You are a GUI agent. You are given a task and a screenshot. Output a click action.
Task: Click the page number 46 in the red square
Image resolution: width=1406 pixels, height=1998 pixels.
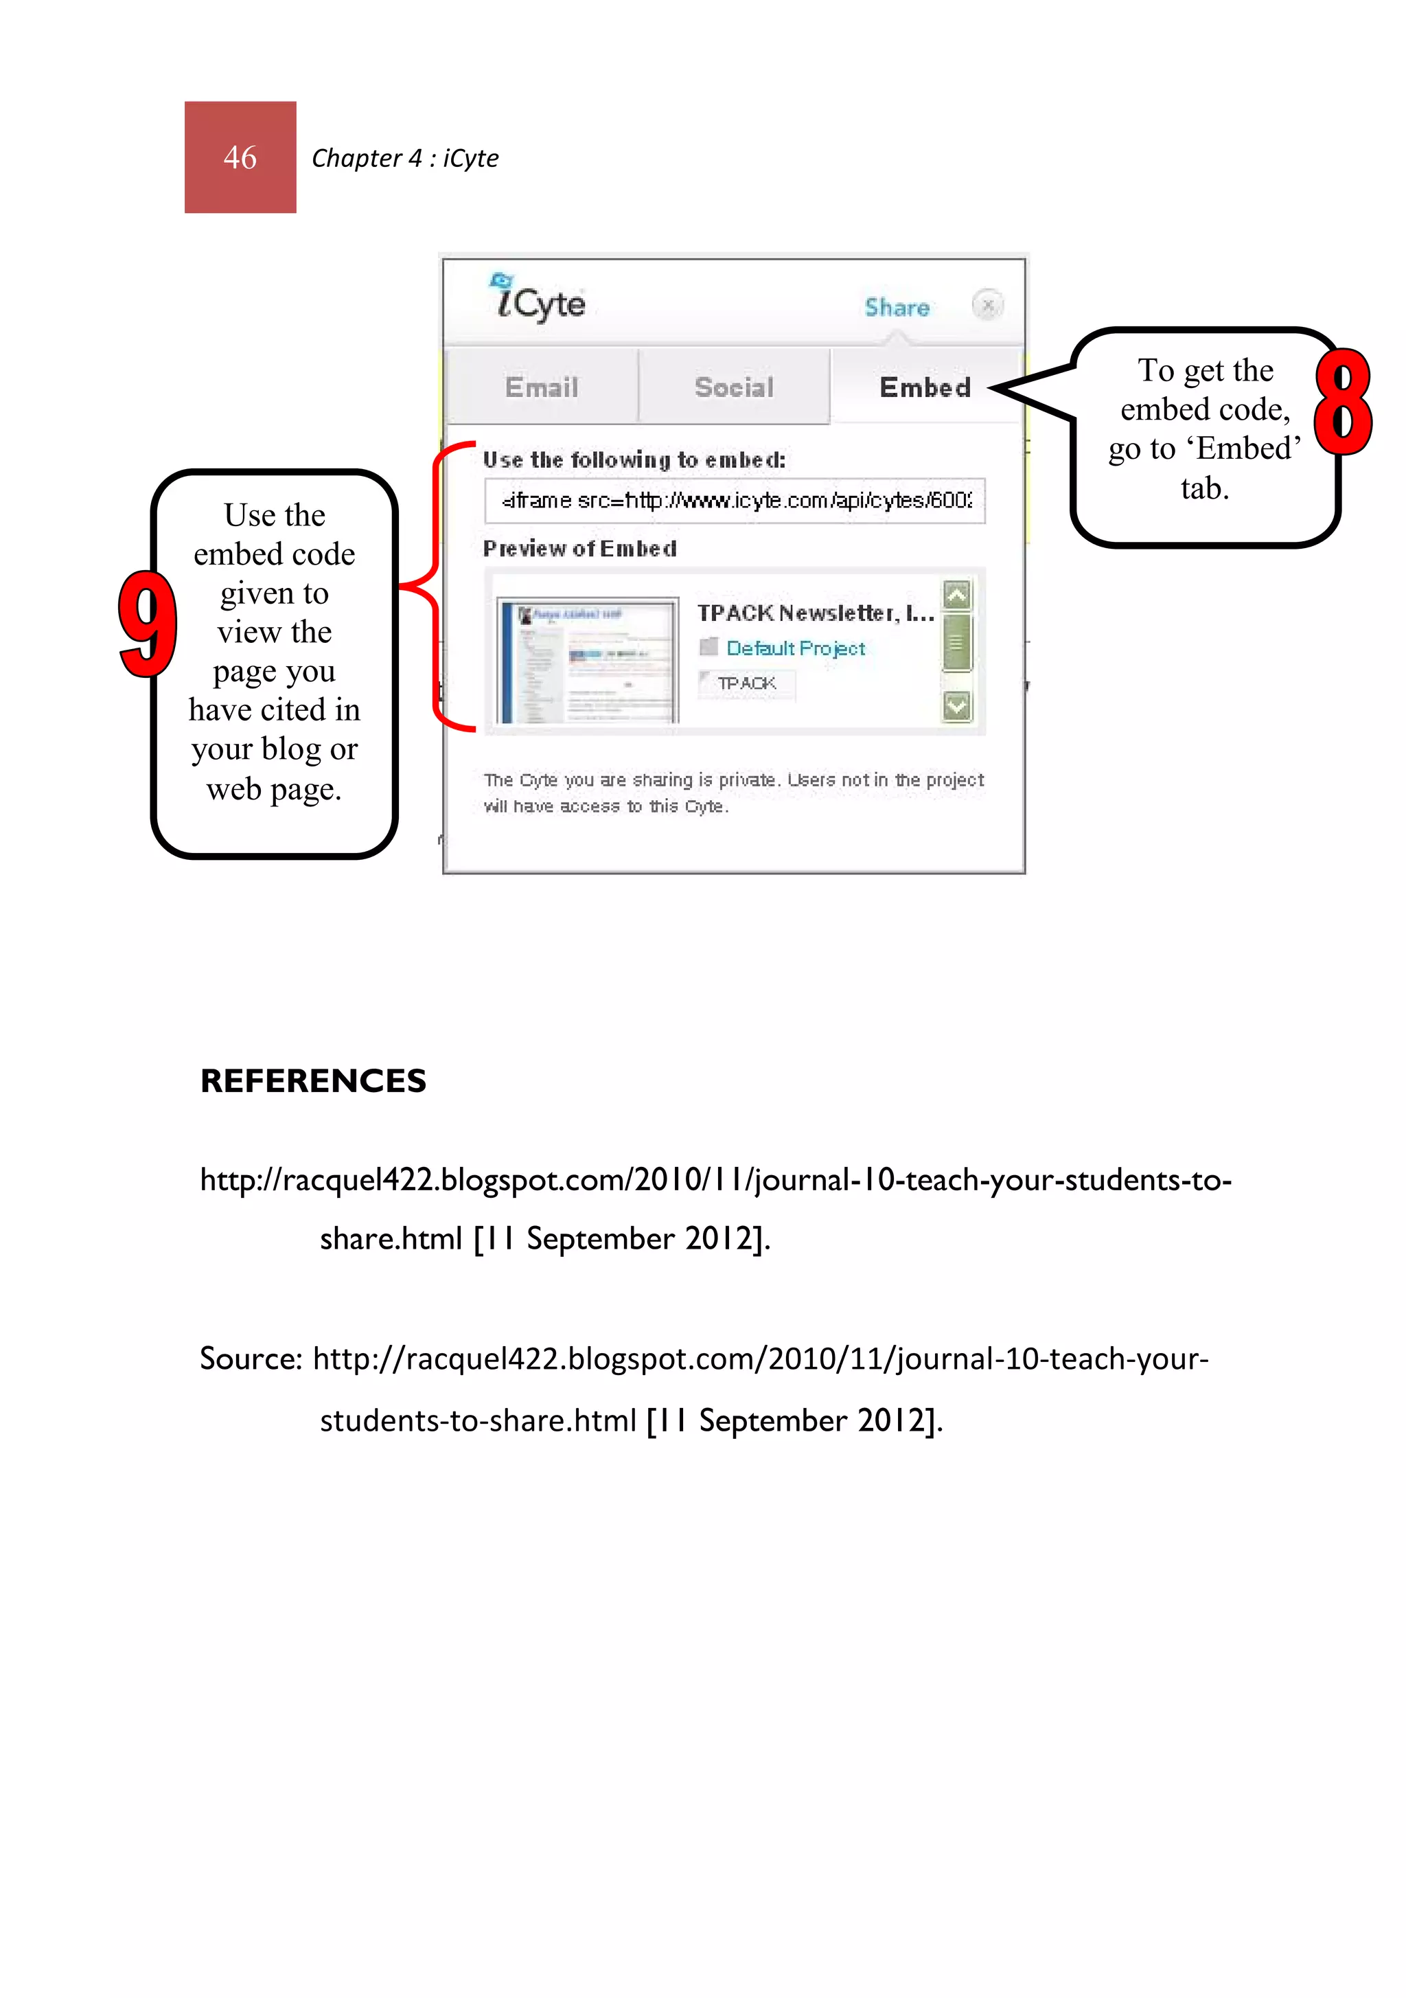pyautogui.click(x=240, y=157)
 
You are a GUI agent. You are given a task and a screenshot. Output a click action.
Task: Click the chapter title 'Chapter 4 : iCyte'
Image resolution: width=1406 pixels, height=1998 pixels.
pyautogui.click(x=404, y=159)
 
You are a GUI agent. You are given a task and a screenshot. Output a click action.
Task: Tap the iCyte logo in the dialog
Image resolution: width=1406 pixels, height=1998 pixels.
pyautogui.click(x=538, y=299)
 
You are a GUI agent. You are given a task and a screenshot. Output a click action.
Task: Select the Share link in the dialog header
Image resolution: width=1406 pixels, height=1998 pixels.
pyautogui.click(x=896, y=307)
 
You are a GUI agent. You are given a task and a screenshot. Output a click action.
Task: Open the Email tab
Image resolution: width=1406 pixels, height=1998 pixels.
pyautogui.click(x=541, y=387)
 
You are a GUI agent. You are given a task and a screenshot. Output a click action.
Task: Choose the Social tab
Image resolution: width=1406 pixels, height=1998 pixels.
pyautogui.click(x=733, y=387)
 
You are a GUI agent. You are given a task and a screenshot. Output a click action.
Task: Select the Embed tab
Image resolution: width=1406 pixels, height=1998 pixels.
pyautogui.click(x=925, y=387)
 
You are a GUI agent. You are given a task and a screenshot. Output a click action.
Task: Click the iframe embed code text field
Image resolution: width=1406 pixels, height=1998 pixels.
pyautogui.click(x=735, y=501)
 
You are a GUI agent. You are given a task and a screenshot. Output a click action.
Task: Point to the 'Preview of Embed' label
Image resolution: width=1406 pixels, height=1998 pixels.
pyautogui.click(x=579, y=548)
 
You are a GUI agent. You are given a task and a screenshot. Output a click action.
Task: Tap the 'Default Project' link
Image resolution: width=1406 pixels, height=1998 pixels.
pyautogui.click(x=795, y=648)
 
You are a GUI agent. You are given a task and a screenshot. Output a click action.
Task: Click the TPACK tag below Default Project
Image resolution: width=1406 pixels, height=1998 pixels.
pyautogui.click(x=746, y=683)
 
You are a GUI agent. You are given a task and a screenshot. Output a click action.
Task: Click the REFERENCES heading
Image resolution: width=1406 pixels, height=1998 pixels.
pyautogui.click(x=313, y=1081)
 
